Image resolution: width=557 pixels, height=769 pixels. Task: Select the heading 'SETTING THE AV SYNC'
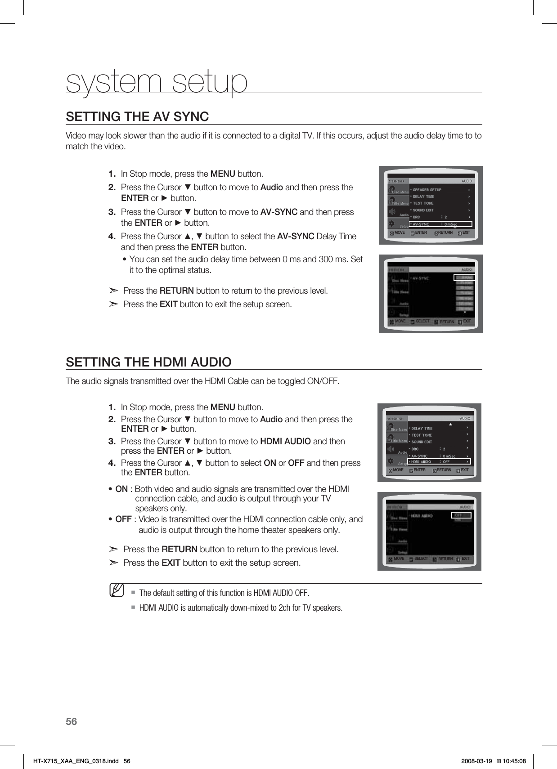[x=137, y=117]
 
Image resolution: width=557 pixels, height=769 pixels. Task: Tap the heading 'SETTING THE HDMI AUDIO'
[x=148, y=362]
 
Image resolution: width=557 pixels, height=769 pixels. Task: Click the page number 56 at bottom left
[x=72, y=722]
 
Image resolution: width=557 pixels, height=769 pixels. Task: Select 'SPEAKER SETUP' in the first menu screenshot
[x=427, y=190]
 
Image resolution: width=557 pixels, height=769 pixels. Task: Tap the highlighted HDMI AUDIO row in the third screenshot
[x=439, y=461]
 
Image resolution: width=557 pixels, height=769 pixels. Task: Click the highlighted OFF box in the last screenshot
[x=461, y=515]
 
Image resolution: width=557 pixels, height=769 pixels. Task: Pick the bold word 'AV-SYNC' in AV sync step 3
[x=279, y=212]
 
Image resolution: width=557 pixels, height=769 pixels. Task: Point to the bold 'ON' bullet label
[x=121, y=489]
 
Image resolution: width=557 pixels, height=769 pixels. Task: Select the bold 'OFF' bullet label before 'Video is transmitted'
[x=123, y=519]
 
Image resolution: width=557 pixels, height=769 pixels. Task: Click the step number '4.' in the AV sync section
[x=112, y=236]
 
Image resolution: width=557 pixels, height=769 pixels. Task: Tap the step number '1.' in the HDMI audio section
[x=112, y=407]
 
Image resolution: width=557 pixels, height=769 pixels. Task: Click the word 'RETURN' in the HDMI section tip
[x=179, y=549]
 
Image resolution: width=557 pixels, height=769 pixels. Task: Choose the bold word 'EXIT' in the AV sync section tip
[x=169, y=304]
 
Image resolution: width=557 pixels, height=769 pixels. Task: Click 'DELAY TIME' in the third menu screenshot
[x=422, y=429]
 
